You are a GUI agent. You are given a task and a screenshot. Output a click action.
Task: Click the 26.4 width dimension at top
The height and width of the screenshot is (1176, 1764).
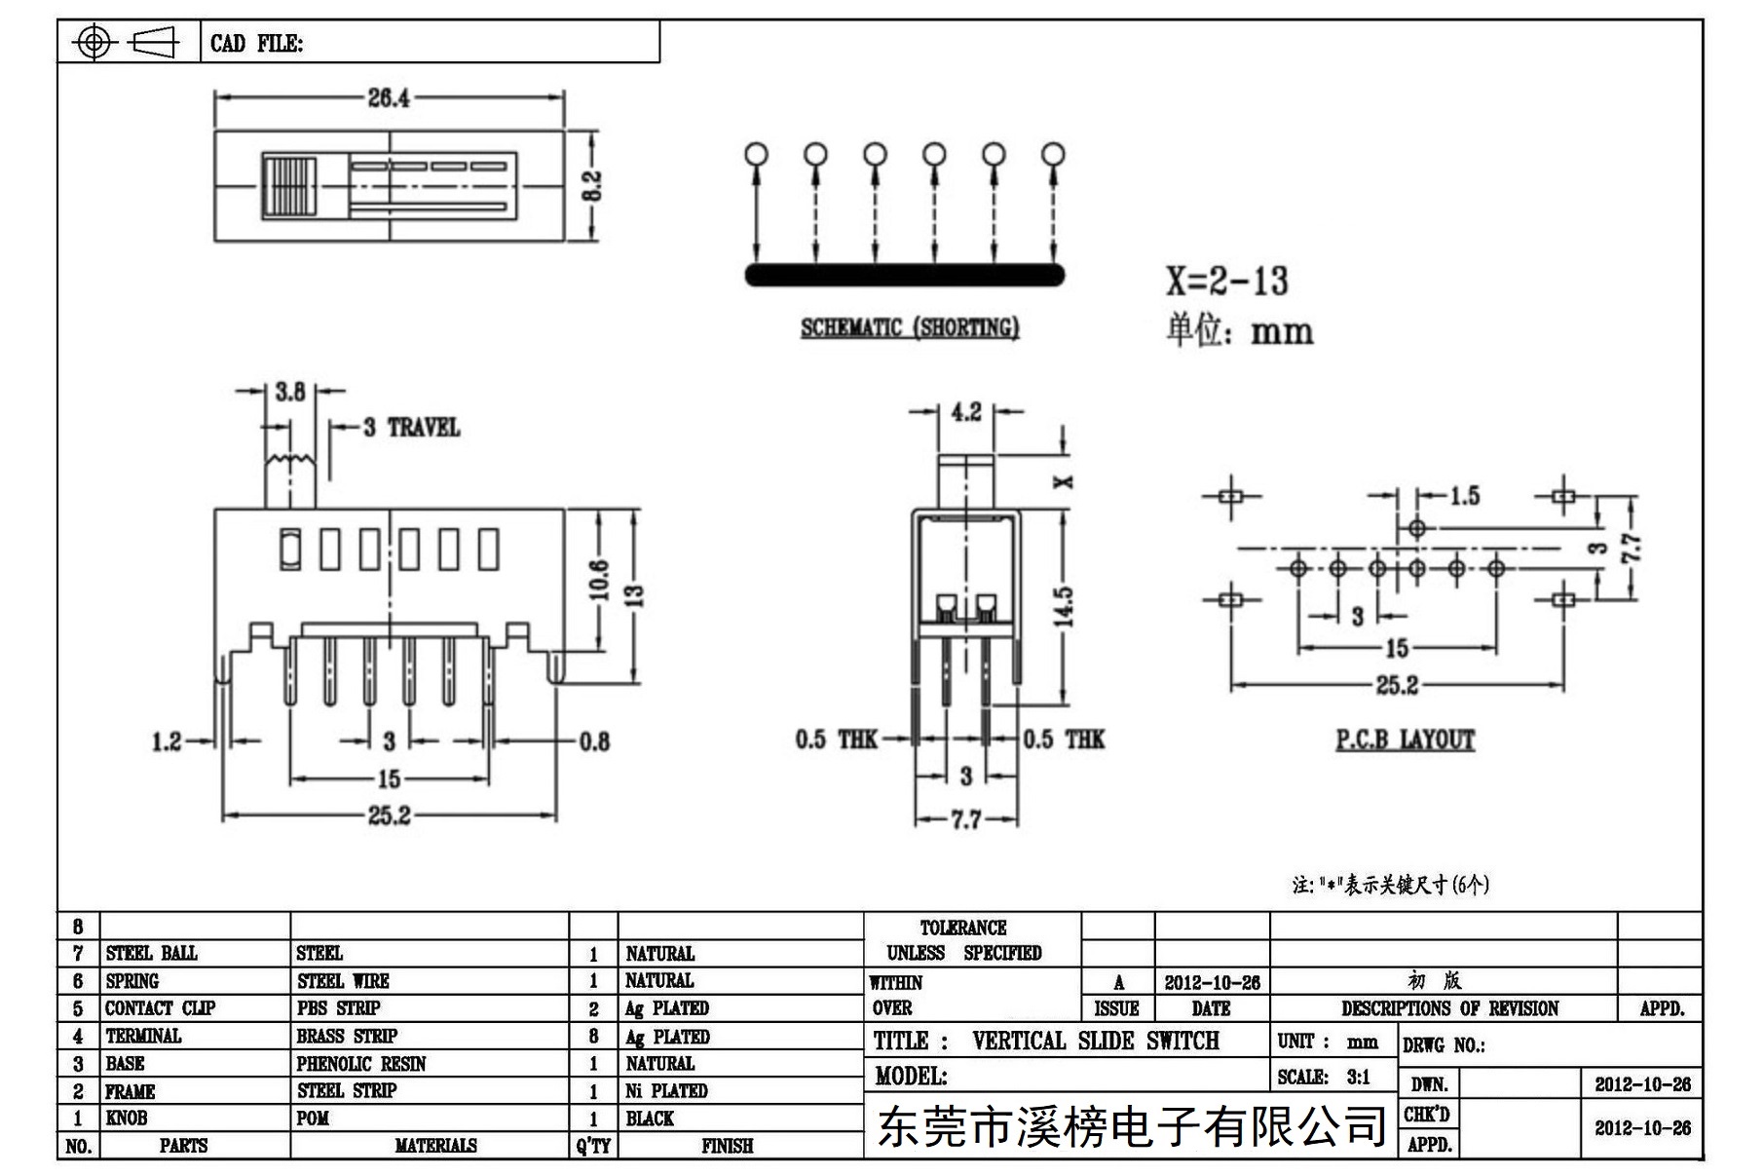pyautogui.click(x=389, y=97)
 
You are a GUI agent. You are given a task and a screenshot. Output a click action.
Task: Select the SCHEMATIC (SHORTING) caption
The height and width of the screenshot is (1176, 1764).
pyautogui.click(x=910, y=327)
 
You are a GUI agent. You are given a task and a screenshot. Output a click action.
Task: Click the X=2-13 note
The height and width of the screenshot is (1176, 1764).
pyautogui.click(x=1227, y=281)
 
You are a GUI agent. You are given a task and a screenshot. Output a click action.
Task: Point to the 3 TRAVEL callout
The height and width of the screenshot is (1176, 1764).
pyautogui.click(x=411, y=428)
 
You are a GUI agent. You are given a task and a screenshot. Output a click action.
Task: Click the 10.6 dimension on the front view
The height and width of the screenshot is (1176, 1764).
pyautogui.click(x=598, y=580)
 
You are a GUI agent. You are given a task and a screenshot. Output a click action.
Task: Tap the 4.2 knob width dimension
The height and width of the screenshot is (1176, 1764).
pyautogui.click(x=965, y=412)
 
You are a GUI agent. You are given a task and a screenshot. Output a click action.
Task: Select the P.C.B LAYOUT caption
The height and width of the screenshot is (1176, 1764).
pyautogui.click(x=1405, y=740)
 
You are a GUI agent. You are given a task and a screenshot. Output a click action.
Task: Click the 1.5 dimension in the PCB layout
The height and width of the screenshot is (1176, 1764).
pyautogui.click(x=1464, y=496)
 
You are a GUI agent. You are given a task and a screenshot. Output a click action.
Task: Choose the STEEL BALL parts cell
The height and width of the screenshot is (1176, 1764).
pyautogui.click(x=151, y=953)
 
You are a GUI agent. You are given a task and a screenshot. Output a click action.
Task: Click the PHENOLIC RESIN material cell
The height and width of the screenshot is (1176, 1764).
pyautogui.click(x=361, y=1063)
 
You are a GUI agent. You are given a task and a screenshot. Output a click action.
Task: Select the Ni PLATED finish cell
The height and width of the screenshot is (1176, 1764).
pyautogui.click(x=666, y=1090)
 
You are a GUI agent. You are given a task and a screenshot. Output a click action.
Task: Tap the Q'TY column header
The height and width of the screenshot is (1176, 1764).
pyautogui.click(x=593, y=1146)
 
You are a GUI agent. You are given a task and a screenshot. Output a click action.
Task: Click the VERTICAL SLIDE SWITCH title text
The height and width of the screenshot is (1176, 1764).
pyautogui.click(x=1096, y=1041)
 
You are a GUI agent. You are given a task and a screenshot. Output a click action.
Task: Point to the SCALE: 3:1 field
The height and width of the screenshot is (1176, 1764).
pyautogui.click(x=1324, y=1077)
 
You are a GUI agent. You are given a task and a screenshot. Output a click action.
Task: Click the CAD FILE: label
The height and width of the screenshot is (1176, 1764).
pyautogui.click(x=256, y=44)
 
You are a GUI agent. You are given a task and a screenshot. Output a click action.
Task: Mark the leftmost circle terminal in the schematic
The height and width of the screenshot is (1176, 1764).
pyautogui.click(x=756, y=154)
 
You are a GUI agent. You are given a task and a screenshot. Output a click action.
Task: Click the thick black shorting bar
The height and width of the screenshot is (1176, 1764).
pyautogui.click(x=905, y=275)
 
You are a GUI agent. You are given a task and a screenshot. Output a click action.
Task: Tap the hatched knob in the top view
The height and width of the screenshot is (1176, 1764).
pyautogui.click(x=289, y=185)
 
